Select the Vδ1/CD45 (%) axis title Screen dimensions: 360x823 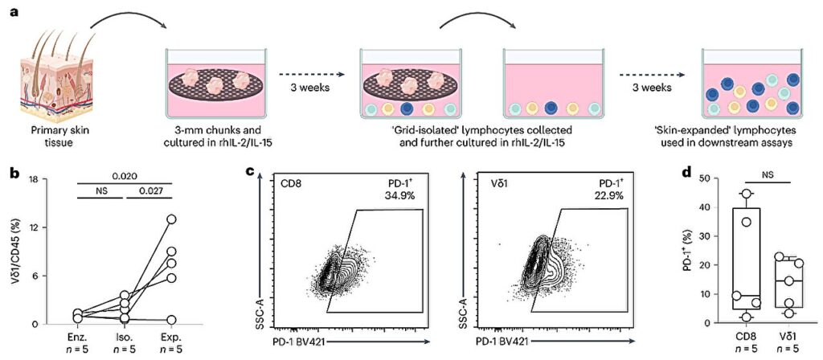pos(15,252)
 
